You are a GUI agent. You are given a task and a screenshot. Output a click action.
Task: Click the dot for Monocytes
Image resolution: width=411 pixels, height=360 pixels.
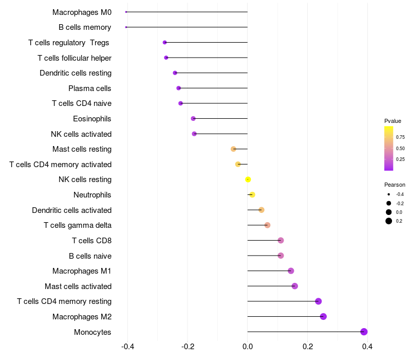click(364, 332)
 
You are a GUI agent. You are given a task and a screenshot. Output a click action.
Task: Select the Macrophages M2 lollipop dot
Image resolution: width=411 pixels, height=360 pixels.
click(323, 316)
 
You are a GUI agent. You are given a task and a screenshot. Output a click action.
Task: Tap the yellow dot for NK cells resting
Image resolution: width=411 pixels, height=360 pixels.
click(248, 179)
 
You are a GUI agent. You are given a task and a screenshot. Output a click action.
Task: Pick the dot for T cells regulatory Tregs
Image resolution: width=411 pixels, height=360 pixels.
click(164, 42)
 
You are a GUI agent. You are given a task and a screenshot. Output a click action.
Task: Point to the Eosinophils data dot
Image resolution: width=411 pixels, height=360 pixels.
click(193, 118)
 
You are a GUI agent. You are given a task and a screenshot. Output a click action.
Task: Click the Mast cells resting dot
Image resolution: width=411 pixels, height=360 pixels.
click(233, 149)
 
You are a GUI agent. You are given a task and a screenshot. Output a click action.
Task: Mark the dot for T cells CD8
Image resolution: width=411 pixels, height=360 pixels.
click(281, 240)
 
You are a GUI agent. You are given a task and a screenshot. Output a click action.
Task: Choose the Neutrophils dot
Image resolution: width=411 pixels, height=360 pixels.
click(252, 194)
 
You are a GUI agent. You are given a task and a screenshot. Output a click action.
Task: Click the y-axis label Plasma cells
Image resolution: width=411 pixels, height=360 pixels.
click(89, 88)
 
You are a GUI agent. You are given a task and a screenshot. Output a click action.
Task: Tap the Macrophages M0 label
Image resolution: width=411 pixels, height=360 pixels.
click(82, 12)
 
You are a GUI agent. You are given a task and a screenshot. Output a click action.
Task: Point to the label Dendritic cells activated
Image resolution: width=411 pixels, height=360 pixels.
click(71, 210)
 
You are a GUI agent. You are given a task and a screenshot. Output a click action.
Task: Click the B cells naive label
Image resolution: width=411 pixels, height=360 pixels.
click(90, 256)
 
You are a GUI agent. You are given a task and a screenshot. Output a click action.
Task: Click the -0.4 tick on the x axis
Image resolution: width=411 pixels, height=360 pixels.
click(127, 347)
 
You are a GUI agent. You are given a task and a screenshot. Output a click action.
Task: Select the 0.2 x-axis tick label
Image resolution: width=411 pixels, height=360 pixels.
click(308, 347)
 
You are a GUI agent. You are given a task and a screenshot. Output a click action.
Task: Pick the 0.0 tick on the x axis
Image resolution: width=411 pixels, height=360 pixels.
click(248, 347)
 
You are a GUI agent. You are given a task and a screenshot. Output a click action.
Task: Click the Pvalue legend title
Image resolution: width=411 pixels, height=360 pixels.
click(393, 121)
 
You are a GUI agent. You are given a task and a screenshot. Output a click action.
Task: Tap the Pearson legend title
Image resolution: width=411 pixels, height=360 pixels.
click(395, 185)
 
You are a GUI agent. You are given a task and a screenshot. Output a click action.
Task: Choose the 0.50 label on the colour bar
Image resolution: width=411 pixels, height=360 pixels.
click(400, 149)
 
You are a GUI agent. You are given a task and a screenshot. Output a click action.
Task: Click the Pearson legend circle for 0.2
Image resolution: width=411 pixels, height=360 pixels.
click(389, 221)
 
